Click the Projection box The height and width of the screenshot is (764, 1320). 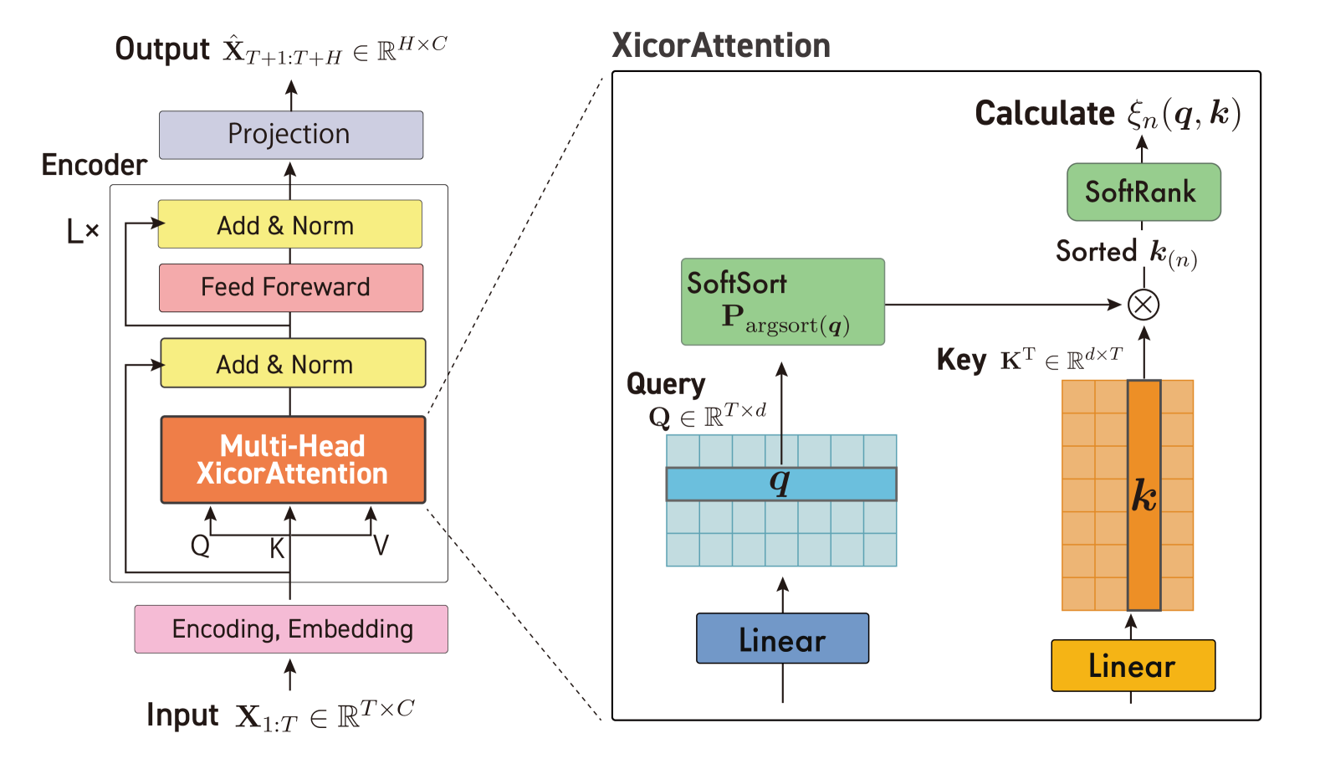(x=290, y=135)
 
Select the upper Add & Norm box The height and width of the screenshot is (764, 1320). (x=289, y=224)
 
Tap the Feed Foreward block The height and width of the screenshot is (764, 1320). (x=290, y=288)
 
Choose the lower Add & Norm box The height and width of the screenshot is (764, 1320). (x=292, y=363)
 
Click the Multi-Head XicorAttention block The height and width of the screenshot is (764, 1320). (x=292, y=459)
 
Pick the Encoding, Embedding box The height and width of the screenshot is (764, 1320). (x=291, y=629)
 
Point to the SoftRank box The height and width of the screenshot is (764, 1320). (x=1143, y=192)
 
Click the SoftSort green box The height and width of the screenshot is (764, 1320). (x=782, y=302)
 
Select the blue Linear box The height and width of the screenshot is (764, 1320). (x=782, y=639)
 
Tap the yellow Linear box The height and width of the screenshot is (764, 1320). (x=1133, y=666)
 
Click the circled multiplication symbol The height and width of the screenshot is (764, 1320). (x=1143, y=305)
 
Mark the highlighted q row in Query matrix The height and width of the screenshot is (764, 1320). (x=780, y=484)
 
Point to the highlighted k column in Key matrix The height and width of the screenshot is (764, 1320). (x=1143, y=495)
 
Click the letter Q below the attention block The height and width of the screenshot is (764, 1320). (x=200, y=546)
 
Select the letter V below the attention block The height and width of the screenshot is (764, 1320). (x=381, y=546)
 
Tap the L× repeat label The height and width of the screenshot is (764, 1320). (x=83, y=230)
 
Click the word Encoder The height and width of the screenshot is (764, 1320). (x=95, y=166)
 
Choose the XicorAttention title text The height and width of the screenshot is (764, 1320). (x=720, y=46)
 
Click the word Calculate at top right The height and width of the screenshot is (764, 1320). (x=1045, y=114)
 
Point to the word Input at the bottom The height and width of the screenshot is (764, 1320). (x=182, y=715)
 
